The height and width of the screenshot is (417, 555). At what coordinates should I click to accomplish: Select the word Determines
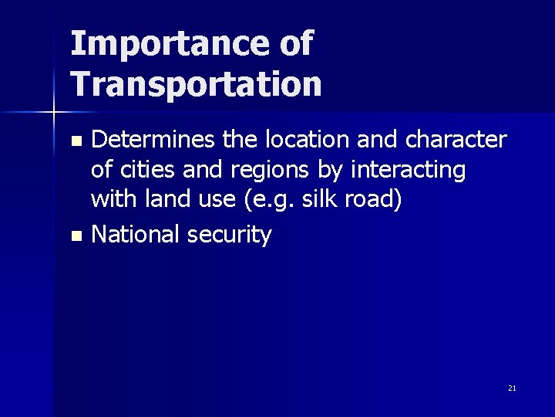point(154,140)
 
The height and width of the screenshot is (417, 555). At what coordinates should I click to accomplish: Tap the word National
point(136,233)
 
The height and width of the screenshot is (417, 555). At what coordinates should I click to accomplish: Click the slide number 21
point(512,388)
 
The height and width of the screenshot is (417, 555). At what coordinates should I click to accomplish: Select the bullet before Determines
point(75,141)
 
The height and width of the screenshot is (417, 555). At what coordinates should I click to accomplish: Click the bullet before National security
point(75,235)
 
